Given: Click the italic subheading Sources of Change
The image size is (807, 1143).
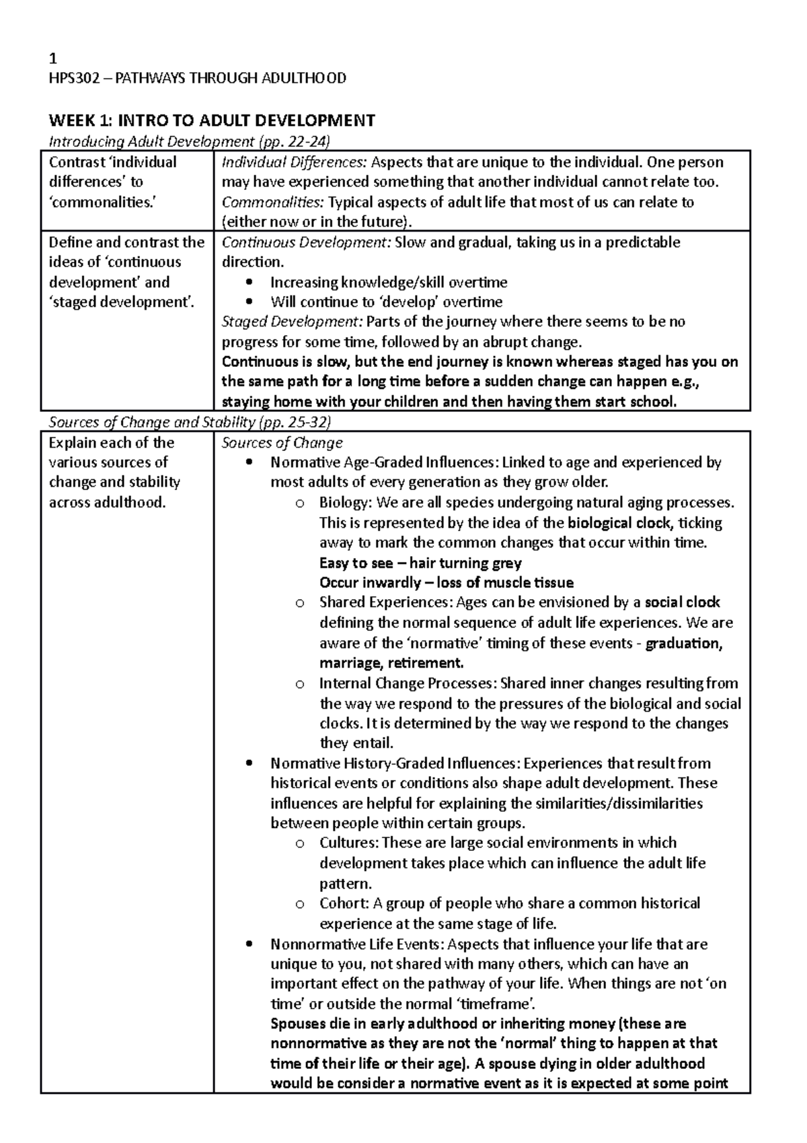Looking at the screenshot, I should [282, 443].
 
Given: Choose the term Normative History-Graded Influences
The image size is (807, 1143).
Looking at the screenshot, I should [394, 763].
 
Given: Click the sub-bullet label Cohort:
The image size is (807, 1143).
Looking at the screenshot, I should [344, 903].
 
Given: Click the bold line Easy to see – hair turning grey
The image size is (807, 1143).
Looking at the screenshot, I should [420, 563].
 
